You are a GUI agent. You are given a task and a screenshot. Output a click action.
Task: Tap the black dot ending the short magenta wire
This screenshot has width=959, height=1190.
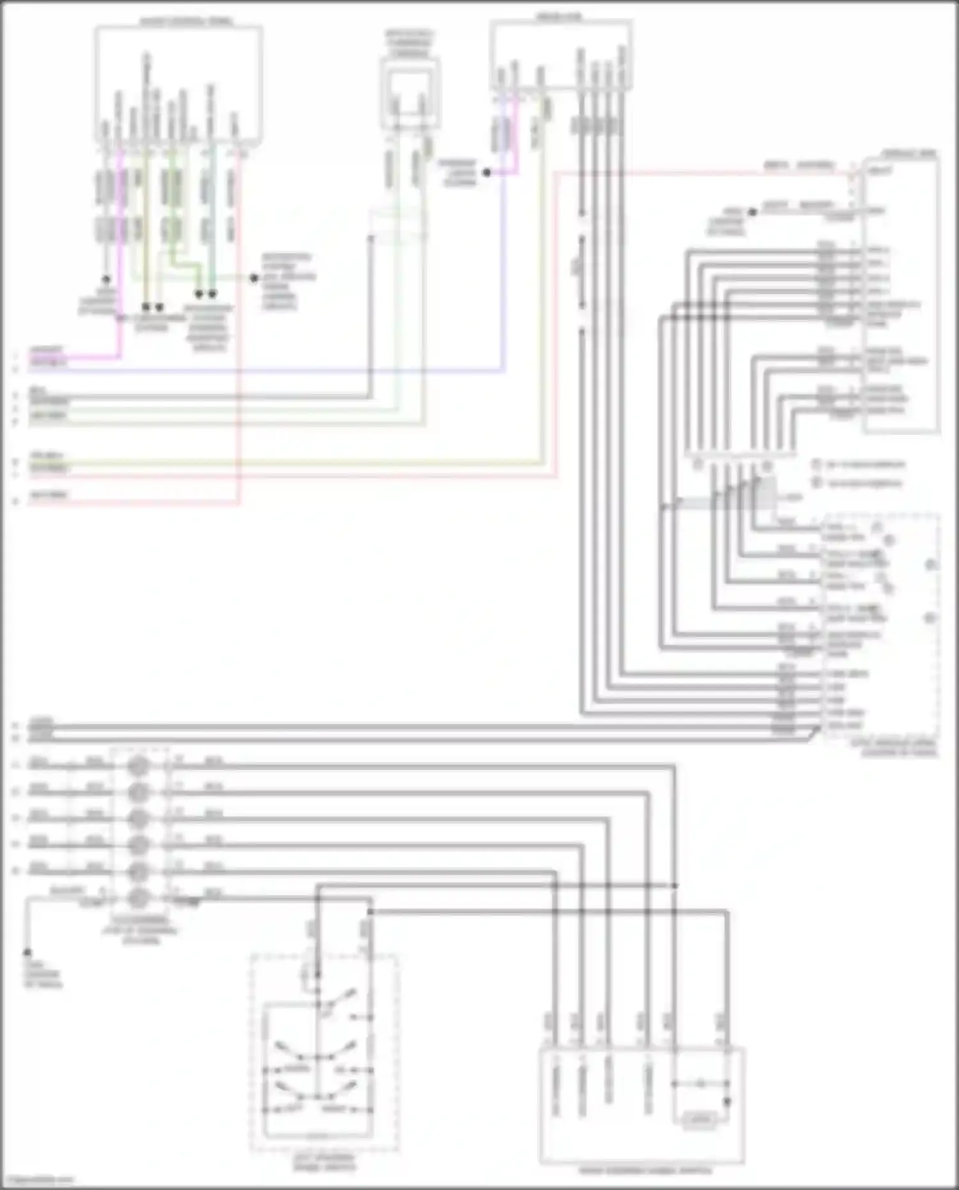(487, 173)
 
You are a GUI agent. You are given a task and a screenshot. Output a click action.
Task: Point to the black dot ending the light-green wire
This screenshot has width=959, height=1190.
(254, 278)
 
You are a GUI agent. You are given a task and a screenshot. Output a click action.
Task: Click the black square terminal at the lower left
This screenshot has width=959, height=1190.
(27, 953)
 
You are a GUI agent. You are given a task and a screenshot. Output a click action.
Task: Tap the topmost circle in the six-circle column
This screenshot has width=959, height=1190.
(138, 766)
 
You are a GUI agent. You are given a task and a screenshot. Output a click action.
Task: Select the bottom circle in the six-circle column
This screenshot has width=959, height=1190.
(138, 898)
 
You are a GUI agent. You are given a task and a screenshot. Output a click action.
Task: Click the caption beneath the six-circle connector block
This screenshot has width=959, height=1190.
(141, 930)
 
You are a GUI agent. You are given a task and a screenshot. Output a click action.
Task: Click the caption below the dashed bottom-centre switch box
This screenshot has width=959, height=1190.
(324, 1163)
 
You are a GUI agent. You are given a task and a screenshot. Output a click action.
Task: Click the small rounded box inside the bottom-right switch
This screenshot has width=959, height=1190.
(699, 1119)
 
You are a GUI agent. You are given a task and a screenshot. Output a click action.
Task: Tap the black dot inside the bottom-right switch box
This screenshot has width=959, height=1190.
(727, 1102)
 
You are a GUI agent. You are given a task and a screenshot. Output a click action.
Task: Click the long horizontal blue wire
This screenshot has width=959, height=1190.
(269, 370)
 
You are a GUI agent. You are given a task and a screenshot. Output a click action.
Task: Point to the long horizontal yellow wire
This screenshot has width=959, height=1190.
(288, 463)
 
